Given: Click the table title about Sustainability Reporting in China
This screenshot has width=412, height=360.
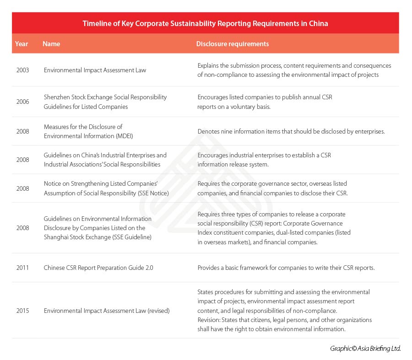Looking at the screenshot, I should pyautogui.click(x=205, y=23).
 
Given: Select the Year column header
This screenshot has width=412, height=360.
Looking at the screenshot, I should pyautogui.click(x=22, y=44).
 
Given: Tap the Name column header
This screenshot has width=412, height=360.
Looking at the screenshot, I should pyautogui.click(x=51, y=44).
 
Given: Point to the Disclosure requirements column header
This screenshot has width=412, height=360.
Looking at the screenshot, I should pyautogui.click(x=232, y=44).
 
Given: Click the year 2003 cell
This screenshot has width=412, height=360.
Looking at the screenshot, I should pyautogui.click(x=22, y=70).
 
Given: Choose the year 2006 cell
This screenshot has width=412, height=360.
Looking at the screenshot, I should pyautogui.click(x=22, y=102).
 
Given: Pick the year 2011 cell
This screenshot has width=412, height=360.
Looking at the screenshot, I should pyautogui.click(x=22, y=268).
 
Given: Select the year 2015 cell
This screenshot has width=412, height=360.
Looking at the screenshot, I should pyautogui.click(x=22, y=311).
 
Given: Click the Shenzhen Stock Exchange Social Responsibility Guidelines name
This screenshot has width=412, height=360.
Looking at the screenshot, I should pyautogui.click(x=105, y=102).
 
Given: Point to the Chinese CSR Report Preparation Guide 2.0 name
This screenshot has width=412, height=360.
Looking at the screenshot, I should pyautogui.click(x=98, y=268).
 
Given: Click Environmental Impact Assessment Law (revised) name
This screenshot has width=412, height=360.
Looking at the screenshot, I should pyautogui.click(x=107, y=311).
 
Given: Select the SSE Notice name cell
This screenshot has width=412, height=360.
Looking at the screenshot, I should pyautogui.click(x=106, y=188).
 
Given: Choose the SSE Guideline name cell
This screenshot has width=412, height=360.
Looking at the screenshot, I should pyautogui.click(x=98, y=228).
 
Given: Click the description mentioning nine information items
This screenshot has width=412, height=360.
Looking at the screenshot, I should pyautogui.click(x=291, y=131).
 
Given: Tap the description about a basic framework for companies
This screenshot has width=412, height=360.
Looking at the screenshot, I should pyautogui.click(x=286, y=268).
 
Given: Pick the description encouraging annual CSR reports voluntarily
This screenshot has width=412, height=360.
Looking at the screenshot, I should pyautogui.click(x=265, y=102).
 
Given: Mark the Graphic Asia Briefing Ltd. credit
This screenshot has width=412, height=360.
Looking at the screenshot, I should pyautogui.click(x=365, y=349).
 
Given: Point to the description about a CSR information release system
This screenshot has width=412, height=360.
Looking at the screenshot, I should pyautogui.click(x=264, y=160).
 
